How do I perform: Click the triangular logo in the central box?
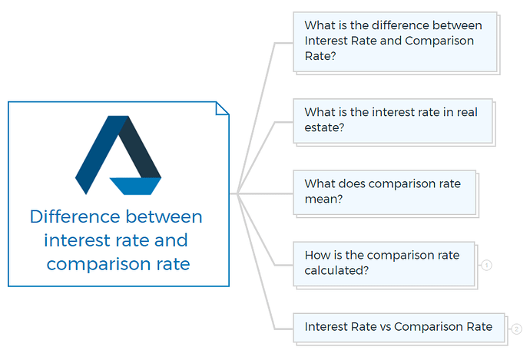(118, 155)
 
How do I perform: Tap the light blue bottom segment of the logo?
(135, 186)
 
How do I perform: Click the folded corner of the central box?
(222, 108)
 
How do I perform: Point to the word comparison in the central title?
(99, 264)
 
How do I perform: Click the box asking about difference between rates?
(395, 42)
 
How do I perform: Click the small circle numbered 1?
(486, 265)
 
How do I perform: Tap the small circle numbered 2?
(516, 329)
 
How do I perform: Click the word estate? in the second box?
(324, 127)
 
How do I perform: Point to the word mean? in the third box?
(323, 200)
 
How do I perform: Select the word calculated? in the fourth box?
(336, 270)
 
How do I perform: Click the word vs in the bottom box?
(386, 327)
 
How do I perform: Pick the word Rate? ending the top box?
(320, 56)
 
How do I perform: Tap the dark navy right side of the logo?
(141, 147)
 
